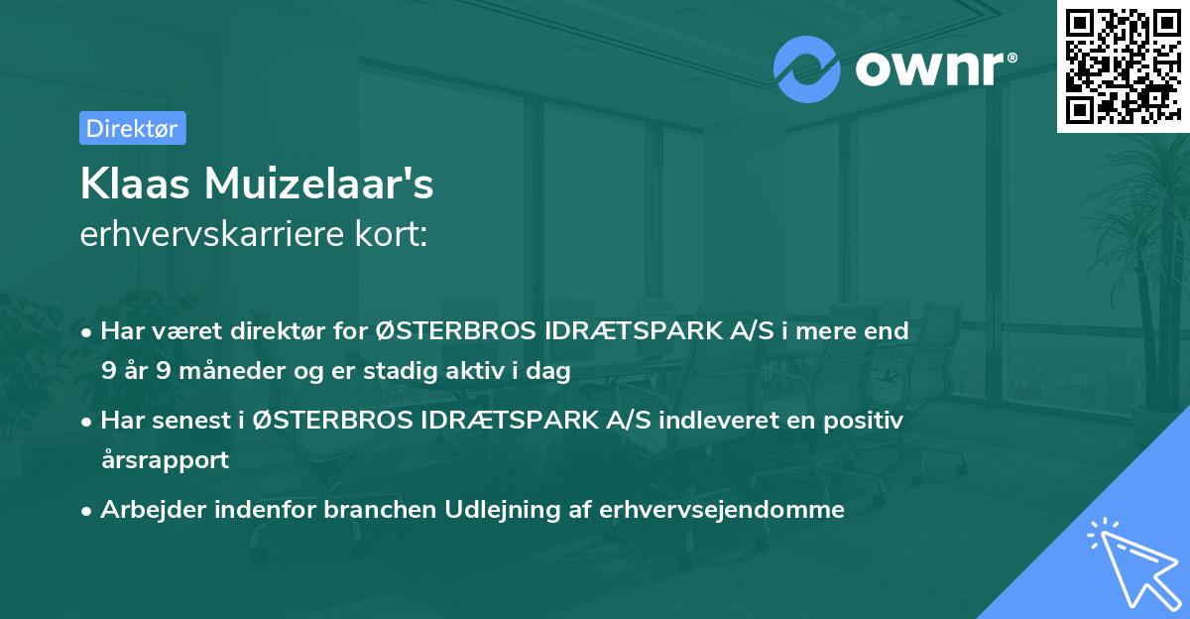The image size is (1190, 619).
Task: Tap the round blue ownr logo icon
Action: click(807, 68)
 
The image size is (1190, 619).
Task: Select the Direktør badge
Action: click(132, 128)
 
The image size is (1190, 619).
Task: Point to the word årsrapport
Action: click(165, 459)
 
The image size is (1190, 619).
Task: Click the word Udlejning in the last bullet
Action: click(480, 510)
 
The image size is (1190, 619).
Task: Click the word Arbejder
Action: click(147, 510)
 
